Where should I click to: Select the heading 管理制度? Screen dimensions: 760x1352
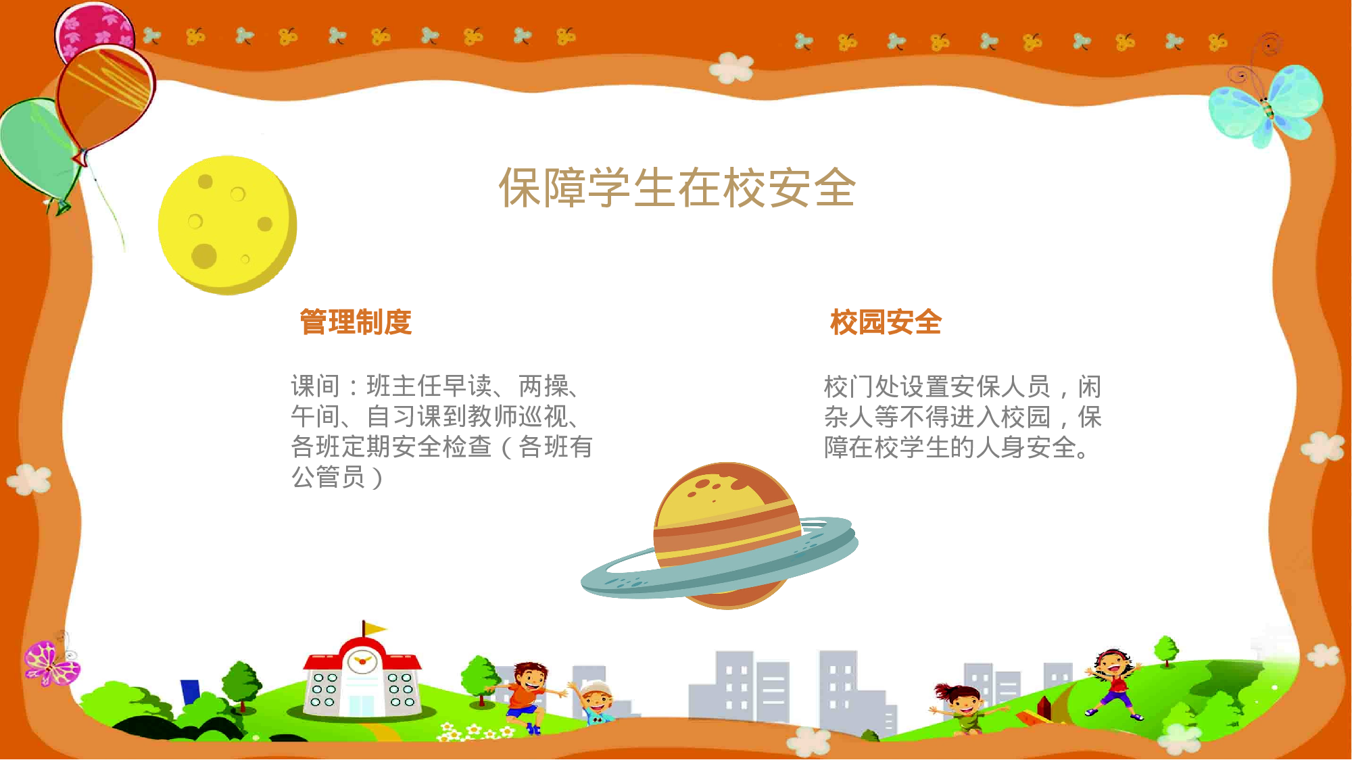pos(356,322)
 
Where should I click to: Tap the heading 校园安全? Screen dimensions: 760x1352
pos(886,322)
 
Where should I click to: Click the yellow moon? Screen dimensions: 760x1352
pos(226,224)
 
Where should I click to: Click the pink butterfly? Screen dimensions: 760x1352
pos(50,662)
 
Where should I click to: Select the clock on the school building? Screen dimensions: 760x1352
pos(362,661)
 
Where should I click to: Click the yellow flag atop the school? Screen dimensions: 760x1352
pos(373,629)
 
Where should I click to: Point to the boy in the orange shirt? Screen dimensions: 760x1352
pos(527,692)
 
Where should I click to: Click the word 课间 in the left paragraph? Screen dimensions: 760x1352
pos(316,386)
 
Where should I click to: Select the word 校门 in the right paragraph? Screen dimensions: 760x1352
pos(848,387)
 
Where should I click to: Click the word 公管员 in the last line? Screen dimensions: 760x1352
pos(329,477)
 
